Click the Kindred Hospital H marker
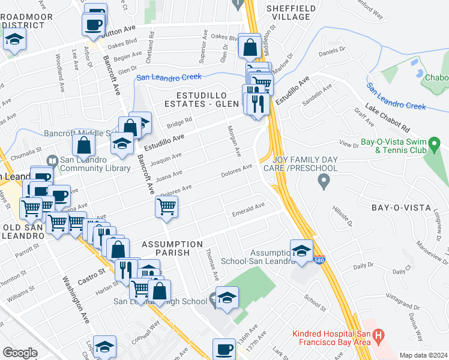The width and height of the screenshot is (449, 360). point(378,335)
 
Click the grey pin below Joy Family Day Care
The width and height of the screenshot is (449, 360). point(324,180)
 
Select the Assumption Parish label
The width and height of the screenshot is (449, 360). point(172,248)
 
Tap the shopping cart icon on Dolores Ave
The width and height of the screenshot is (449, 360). point(166,207)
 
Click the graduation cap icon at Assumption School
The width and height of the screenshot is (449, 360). point(301,251)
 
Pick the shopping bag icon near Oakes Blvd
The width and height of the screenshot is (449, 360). point(249,46)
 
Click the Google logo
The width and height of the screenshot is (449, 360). point(20,353)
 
